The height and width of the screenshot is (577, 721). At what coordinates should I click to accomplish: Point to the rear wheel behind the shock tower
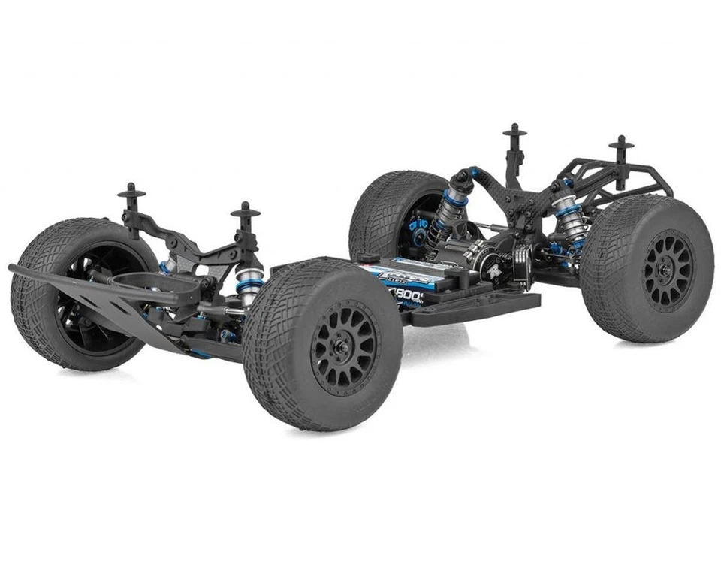pos(398,213)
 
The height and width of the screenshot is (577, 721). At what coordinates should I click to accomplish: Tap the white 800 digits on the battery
pos(412,295)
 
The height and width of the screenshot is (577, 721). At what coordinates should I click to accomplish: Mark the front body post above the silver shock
pos(246,213)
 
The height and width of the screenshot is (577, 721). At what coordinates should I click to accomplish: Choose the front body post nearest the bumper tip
pos(131,194)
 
